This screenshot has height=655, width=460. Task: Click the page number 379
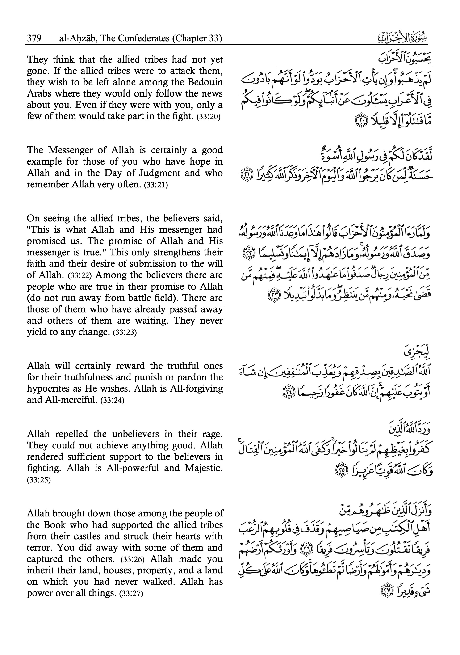click(34, 38)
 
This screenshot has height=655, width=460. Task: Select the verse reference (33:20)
click(209, 117)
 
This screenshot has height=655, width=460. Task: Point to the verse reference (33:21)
click(156, 185)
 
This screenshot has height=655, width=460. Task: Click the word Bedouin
click(205, 82)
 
